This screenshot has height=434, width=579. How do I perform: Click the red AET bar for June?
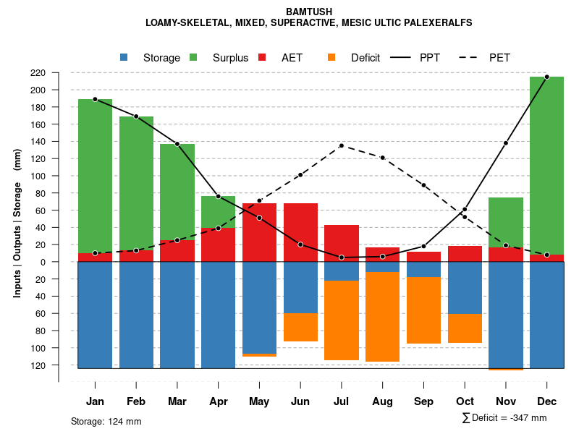point(300,232)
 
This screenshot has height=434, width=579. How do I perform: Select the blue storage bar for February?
point(136,315)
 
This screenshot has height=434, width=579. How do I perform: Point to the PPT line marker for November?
point(506,143)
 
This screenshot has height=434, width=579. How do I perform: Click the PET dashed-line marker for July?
point(342,146)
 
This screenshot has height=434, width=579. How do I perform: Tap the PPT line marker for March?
point(177,144)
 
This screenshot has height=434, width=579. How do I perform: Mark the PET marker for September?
point(423,185)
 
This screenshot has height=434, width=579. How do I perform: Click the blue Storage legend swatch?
point(124,57)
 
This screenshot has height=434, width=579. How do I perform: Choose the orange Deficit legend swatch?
point(331,57)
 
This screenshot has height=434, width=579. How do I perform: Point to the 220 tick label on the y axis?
point(58,73)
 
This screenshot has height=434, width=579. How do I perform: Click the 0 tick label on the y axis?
point(63,262)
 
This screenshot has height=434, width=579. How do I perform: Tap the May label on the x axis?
point(259,401)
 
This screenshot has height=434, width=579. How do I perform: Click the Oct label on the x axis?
point(465,401)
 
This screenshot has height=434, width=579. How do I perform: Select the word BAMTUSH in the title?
point(308,12)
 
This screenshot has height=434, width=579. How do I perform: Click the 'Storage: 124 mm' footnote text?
point(106,421)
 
